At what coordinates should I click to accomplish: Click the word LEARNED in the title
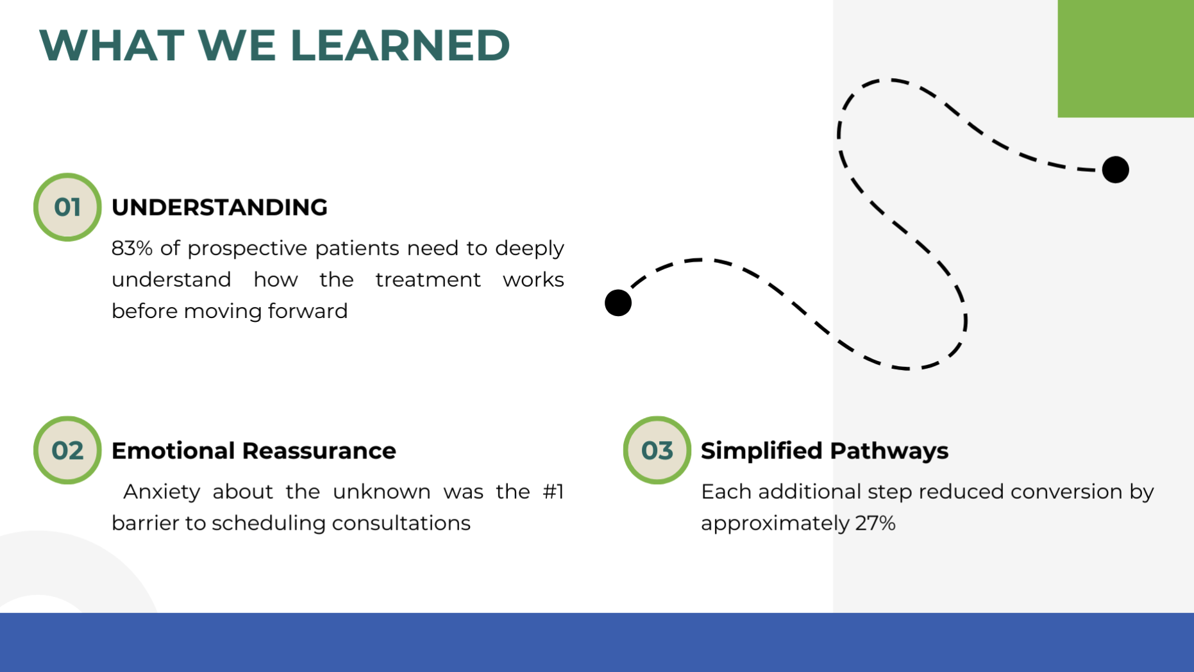400,46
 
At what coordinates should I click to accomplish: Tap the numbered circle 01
67,207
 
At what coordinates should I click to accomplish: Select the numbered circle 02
67,450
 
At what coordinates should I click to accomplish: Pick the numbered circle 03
657,450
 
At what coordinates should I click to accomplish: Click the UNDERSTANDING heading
219,207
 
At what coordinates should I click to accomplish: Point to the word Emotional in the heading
173,451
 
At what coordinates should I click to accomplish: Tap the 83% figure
132,248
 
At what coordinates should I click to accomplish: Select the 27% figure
875,523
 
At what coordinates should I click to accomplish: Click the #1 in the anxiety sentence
553,492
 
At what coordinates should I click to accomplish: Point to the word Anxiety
162,492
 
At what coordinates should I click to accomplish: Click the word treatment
428,280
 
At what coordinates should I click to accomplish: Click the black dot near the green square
1116,170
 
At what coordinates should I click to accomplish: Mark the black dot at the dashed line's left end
618,303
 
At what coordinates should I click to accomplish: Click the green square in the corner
1125,58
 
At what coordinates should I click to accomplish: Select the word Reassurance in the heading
319,451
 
